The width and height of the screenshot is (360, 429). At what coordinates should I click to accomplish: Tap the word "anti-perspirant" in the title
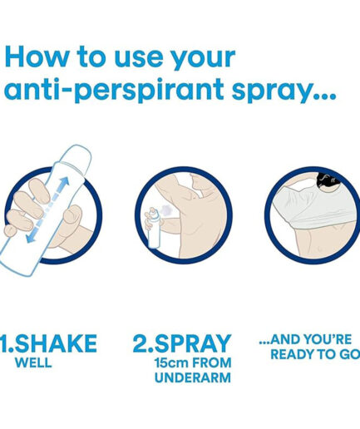click(114, 90)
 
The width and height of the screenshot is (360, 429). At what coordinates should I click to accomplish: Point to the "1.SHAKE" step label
click(49, 343)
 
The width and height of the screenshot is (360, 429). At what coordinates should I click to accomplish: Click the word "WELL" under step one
click(33, 362)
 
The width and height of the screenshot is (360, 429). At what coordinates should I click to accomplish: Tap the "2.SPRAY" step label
click(182, 343)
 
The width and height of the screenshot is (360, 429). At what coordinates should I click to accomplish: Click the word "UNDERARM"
click(193, 377)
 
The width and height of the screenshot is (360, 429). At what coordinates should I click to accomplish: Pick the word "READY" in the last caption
click(292, 354)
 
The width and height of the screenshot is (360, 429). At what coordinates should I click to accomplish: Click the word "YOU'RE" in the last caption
click(327, 339)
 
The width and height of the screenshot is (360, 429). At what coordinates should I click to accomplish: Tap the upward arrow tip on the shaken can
click(67, 180)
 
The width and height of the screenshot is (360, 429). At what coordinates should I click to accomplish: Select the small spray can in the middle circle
click(154, 228)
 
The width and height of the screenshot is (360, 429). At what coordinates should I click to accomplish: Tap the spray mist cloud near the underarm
click(166, 210)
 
